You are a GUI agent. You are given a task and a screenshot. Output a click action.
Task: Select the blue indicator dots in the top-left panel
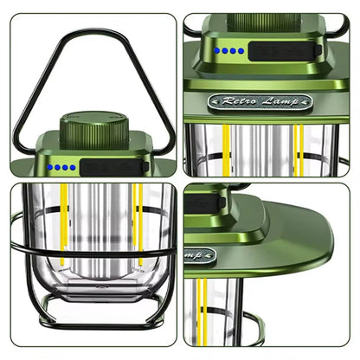[x=61, y=167]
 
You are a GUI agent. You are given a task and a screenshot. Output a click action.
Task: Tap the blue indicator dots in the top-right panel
[x=230, y=50]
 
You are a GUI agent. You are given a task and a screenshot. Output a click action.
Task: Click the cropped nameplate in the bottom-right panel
[x=198, y=257]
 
